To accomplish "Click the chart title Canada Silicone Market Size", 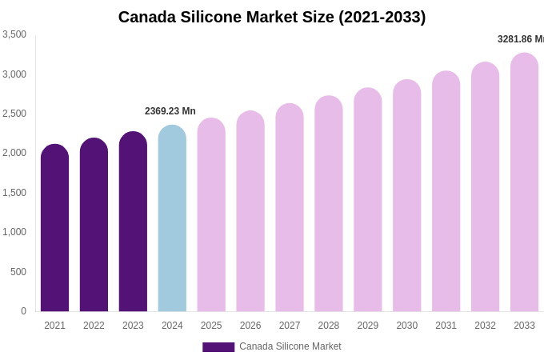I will click(x=272, y=17).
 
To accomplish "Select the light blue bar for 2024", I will click(x=172, y=220).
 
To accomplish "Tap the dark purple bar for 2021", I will click(x=54, y=230).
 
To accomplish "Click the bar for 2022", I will click(x=94, y=226).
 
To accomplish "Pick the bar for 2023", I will click(x=133, y=223).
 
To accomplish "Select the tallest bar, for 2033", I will click(x=524, y=184).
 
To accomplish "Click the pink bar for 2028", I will click(x=329, y=206).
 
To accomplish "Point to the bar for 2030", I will click(x=406, y=197).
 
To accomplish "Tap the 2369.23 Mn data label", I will click(x=170, y=111).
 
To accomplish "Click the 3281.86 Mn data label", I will click(x=520, y=39).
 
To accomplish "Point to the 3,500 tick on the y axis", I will click(x=14, y=34).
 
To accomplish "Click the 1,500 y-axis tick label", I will click(x=14, y=193).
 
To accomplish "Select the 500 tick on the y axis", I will click(x=18, y=272).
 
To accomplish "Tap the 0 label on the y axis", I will click(x=23, y=311).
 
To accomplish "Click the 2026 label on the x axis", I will click(x=250, y=326).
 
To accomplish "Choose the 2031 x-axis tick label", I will click(x=446, y=326).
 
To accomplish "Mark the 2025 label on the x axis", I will click(x=211, y=326).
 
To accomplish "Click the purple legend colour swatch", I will click(x=218, y=347).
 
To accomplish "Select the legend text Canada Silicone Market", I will click(x=290, y=346).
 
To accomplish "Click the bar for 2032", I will click(x=485, y=189).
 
